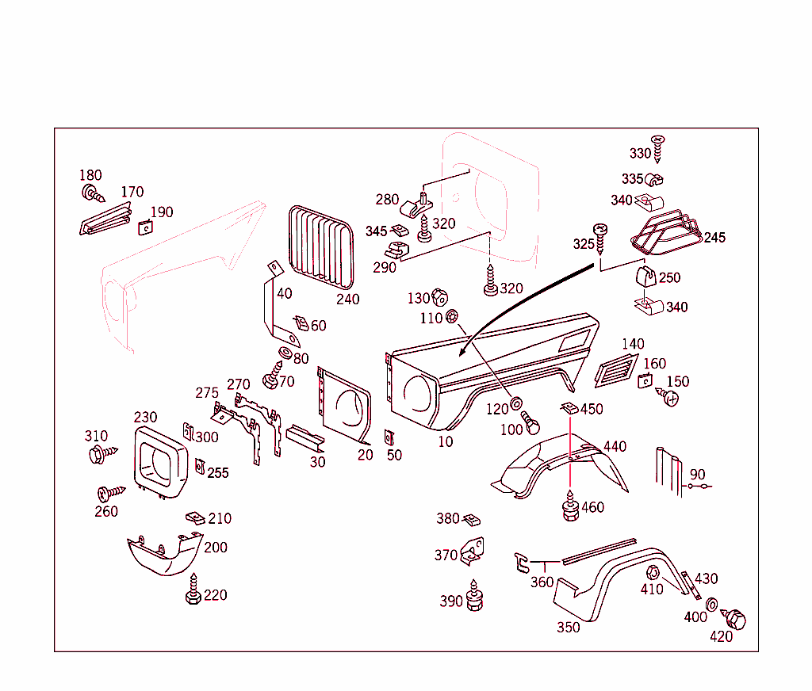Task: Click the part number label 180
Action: pos(90,175)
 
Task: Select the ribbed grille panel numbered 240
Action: pos(321,247)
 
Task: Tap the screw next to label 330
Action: pos(657,148)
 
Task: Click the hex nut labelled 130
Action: pos(439,297)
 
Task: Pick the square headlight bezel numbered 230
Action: pos(160,463)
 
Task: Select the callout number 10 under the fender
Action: pos(446,441)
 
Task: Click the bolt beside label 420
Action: pos(733,619)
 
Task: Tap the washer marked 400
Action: pos(712,604)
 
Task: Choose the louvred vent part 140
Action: pos(615,370)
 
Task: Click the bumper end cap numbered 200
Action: pos(165,553)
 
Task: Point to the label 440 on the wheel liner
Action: pos(615,446)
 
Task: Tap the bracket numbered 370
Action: pos(473,551)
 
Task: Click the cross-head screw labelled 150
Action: pos(667,397)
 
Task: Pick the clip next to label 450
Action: pos(569,408)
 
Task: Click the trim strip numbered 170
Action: pos(106,220)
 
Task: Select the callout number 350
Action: pos(568,628)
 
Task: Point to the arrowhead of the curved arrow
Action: pos(462,353)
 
